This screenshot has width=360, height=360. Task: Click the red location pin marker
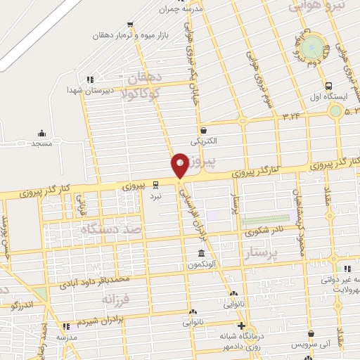180,165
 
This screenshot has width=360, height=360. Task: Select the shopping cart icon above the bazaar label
138,23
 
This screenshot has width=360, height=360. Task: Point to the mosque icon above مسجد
42,133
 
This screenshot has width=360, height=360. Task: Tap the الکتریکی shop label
202,141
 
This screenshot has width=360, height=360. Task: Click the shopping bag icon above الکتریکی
203,130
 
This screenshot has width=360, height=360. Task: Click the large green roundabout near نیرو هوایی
316,47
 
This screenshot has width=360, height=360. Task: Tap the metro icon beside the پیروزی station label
155,186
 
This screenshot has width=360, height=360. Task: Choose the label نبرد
155,196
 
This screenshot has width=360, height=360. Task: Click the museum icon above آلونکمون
202,254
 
